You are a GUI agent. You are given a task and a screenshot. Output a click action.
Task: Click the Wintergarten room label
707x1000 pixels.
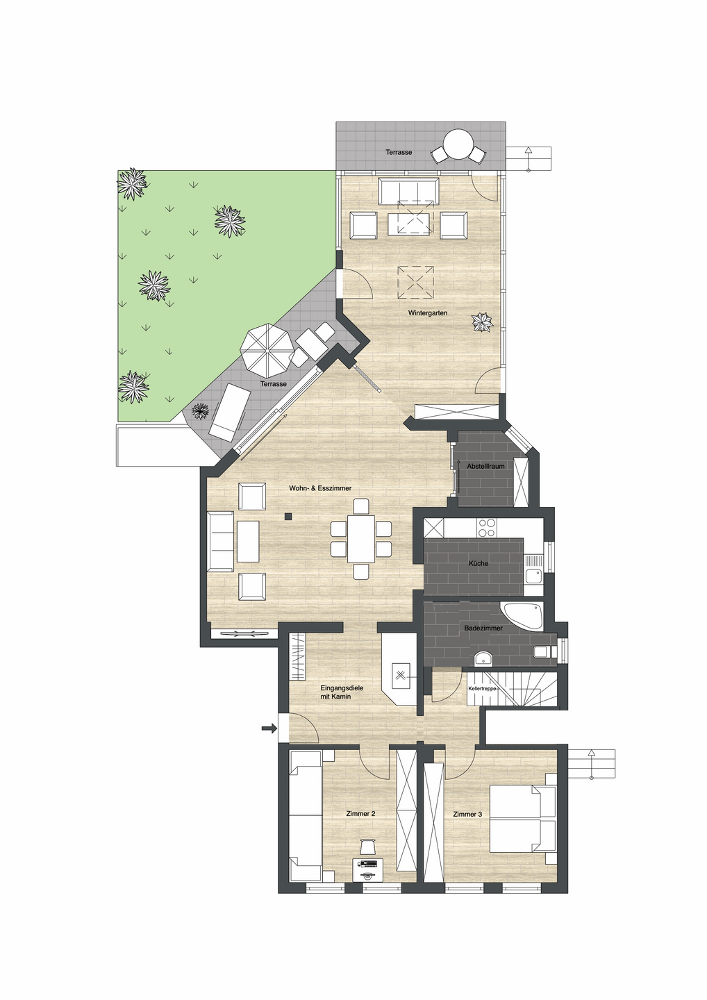point(427,313)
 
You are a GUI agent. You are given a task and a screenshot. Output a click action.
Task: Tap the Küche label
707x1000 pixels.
point(478,563)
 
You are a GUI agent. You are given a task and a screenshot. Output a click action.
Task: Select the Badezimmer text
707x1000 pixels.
point(483,628)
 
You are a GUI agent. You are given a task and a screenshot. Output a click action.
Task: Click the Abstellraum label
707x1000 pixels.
point(485,466)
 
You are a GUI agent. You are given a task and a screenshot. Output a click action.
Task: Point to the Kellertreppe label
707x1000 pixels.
point(483,688)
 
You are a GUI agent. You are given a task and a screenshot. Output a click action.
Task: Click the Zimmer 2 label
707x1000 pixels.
point(360,813)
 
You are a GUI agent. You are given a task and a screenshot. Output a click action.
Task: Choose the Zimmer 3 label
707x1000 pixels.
point(467,814)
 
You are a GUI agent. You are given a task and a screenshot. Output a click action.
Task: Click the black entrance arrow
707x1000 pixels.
point(269,728)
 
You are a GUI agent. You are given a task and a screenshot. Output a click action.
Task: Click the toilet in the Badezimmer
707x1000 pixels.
point(542,651)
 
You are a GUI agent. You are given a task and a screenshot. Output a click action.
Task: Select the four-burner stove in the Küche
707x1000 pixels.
point(487,528)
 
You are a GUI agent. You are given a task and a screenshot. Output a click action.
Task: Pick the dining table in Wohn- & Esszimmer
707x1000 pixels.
point(360,539)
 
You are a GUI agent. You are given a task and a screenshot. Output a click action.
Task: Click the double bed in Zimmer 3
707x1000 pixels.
point(522,818)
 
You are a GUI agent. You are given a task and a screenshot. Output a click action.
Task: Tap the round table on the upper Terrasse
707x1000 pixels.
point(458,146)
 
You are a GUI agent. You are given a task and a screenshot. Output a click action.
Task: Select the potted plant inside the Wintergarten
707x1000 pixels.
point(482,322)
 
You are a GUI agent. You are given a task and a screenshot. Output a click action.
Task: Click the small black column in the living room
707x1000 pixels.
point(287,516)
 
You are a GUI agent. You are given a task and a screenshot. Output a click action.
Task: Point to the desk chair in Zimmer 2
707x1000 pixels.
point(367,846)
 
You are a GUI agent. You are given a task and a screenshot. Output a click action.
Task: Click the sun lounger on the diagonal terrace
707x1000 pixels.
point(230,413)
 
